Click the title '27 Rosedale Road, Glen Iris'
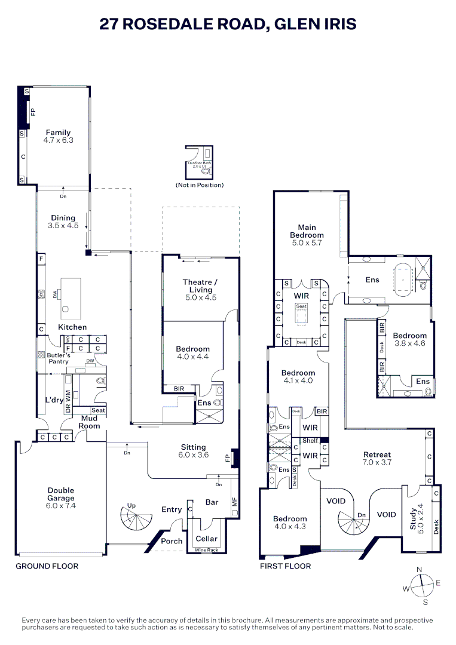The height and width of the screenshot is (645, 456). coord(228,24)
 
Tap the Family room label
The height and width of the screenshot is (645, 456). coord(58,133)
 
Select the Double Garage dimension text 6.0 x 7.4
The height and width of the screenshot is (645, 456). coord(61,505)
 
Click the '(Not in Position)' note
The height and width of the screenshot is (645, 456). coord(200,185)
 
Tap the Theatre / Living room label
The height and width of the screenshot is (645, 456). coord(200,285)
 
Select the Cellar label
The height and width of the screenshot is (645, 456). coord(207,539)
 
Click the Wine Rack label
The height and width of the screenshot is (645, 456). coord(207,549)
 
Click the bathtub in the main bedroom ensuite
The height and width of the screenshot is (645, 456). coord(404,279)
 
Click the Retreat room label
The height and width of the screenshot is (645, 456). coord(377,454)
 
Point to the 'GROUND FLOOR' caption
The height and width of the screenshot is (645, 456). coord(47,566)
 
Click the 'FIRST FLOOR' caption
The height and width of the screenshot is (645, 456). coord(285,566)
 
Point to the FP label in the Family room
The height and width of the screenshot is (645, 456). coord(33,112)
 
